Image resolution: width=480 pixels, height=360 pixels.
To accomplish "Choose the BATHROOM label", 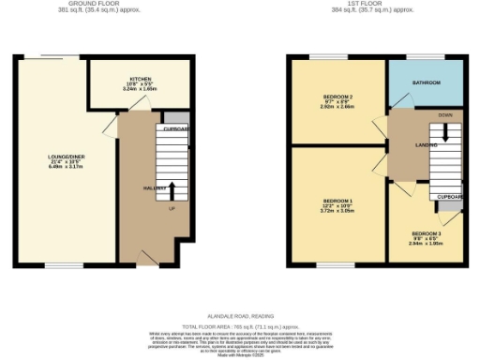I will [427, 83].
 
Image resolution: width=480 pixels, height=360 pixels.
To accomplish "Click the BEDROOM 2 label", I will [337, 97].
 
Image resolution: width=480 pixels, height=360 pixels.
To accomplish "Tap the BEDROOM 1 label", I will [337, 201].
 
